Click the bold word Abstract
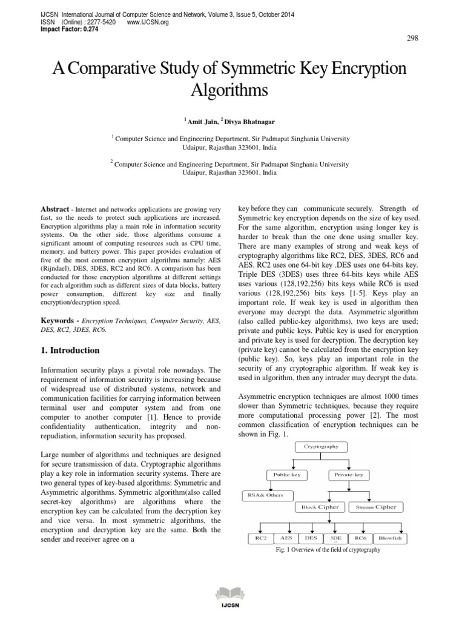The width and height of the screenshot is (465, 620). pos(54,209)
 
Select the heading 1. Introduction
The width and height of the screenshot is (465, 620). pos(70,351)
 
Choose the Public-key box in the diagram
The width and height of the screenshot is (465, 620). pos(288,475)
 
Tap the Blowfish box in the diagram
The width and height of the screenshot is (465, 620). pos(391,537)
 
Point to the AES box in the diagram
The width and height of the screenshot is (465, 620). pos(285,537)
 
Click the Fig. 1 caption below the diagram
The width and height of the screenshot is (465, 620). pos(328,550)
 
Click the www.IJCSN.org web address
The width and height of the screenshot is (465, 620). pos(148,22)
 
